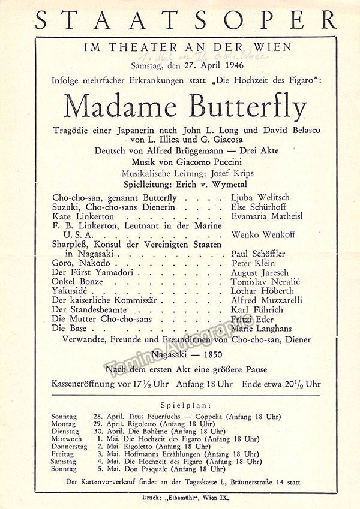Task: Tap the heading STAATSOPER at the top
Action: [185, 20]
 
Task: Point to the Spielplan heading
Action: [185, 406]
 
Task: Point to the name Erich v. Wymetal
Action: [209, 183]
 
